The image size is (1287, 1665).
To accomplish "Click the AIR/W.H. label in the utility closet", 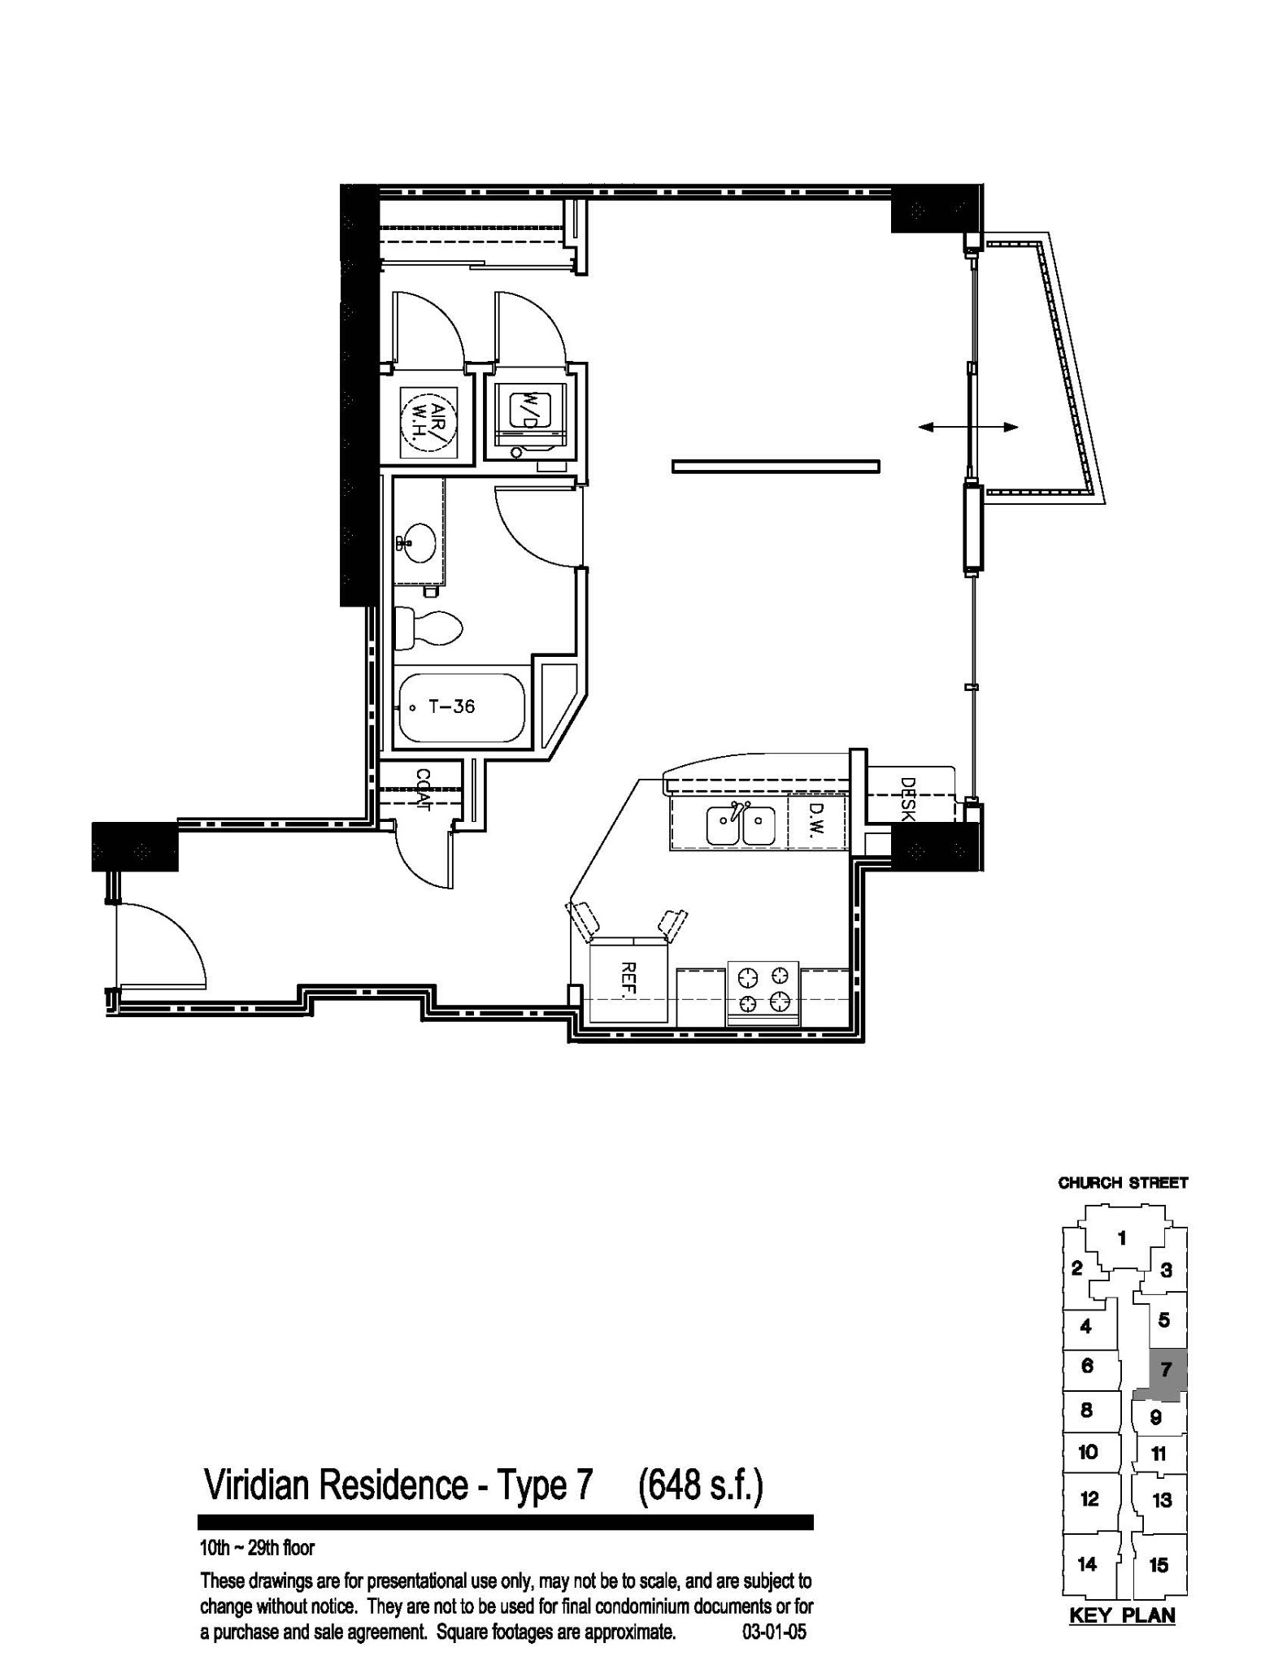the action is [x=430, y=424].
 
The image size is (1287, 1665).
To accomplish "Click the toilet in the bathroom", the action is [x=428, y=629].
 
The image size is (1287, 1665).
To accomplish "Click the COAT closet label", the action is [x=423, y=789].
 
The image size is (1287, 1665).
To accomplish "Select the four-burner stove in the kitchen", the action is [x=763, y=993].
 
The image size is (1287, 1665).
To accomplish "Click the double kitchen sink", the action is [x=741, y=825].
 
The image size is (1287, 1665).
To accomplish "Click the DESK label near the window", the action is [x=908, y=799].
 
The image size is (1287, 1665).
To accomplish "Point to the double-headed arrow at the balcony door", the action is [x=968, y=427].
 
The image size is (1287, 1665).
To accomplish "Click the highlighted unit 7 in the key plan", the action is [x=1166, y=1370].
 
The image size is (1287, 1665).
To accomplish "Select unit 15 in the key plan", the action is [x=1159, y=1564].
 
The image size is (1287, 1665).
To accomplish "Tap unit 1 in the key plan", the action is [x=1122, y=1238].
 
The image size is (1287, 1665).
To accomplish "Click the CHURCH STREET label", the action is [x=1123, y=1183].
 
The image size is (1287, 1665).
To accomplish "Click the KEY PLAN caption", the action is [x=1122, y=1615].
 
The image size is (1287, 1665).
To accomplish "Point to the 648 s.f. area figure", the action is [x=701, y=1485].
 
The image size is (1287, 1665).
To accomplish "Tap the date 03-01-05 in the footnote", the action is [x=774, y=1632].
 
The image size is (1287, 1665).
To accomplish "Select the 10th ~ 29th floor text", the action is [x=257, y=1548].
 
